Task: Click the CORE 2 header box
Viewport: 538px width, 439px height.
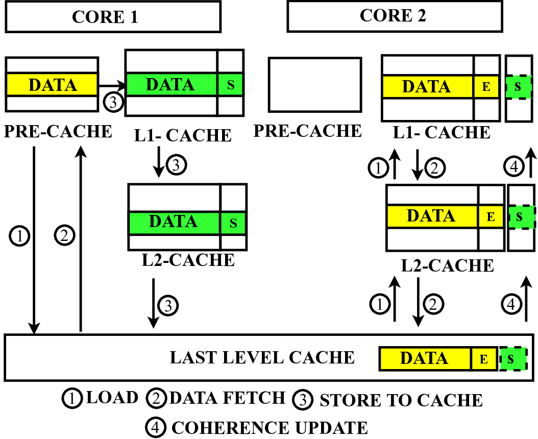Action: tap(394, 16)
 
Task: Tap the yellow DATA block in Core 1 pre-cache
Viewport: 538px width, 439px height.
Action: tap(52, 85)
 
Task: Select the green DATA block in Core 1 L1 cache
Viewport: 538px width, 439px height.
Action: tap(171, 84)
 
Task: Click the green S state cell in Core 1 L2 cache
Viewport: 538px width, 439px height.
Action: tap(233, 223)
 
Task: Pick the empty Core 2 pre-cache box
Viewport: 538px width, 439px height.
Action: tap(315, 84)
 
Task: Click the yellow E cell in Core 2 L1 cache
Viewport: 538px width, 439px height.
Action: tap(486, 87)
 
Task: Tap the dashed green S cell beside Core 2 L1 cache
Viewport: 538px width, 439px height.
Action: tap(518, 87)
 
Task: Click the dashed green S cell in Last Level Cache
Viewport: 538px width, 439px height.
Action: tap(512, 358)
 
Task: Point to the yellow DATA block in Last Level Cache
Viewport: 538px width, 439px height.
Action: tap(425, 358)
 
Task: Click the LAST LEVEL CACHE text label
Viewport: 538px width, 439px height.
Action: tap(262, 357)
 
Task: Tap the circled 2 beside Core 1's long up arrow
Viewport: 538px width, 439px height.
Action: tap(65, 236)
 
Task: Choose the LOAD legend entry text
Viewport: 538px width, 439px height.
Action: tap(112, 398)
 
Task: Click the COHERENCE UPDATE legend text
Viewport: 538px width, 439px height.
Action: tap(270, 427)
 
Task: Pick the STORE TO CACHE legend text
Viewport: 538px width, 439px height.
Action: tap(401, 400)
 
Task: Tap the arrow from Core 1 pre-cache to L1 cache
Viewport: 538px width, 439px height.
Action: tap(112, 85)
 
